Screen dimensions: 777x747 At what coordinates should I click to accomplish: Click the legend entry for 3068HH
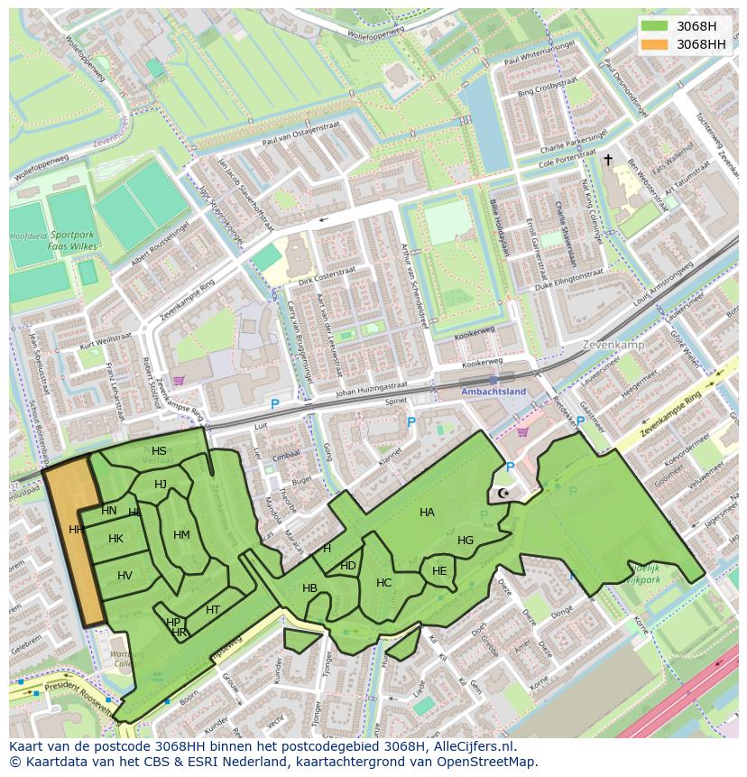tap(701, 44)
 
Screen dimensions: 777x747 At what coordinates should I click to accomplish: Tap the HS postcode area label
tap(159, 451)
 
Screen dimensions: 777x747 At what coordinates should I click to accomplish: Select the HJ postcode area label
tap(161, 485)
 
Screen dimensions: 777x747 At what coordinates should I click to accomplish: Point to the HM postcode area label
tap(181, 535)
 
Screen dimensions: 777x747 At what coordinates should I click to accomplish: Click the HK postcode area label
tap(115, 539)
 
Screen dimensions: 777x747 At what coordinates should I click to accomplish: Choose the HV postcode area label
tap(124, 576)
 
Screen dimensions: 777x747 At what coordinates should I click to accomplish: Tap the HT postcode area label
tap(213, 610)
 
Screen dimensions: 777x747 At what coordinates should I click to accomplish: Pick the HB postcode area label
tap(309, 588)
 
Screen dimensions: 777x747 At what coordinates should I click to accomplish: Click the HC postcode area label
tap(383, 583)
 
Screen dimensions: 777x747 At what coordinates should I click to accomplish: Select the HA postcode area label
tap(427, 513)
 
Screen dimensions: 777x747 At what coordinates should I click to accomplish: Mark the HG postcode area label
tap(466, 541)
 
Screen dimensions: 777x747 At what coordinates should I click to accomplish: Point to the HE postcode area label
tap(439, 571)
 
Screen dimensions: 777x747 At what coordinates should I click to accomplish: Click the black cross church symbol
tap(608, 160)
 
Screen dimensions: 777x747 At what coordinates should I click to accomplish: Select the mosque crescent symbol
tap(503, 494)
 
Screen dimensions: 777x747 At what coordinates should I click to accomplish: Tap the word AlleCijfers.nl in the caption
tap(472, 746)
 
